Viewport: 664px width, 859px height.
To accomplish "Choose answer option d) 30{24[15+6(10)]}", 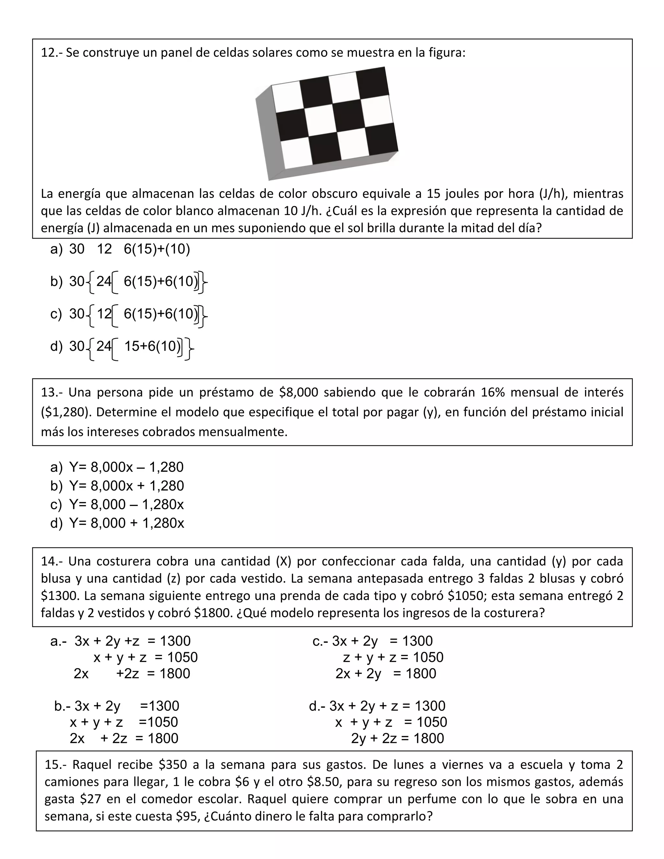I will coord(122,347).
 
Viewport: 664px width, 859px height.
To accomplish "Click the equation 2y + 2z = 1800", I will coord(397,739).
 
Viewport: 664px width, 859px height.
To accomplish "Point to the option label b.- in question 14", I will coord(62,706).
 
